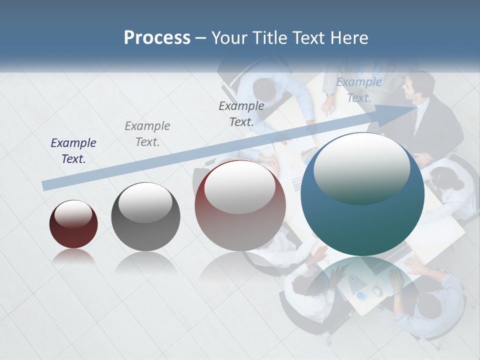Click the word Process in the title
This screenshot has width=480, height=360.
coord(157,38)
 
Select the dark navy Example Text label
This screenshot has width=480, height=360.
coord(73,151)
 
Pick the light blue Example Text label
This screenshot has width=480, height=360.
coord(359,90)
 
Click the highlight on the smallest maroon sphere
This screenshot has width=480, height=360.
coord(73,214)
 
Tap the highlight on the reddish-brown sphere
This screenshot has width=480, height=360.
coord(240,186)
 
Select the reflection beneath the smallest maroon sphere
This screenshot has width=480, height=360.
coord(73,257)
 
